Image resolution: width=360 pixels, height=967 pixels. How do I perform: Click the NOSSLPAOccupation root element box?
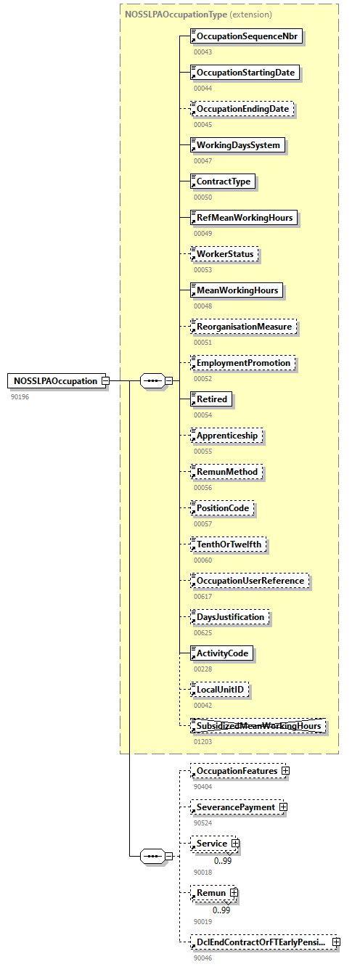coord(55,381)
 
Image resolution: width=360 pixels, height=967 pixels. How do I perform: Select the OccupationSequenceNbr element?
coord(246,36)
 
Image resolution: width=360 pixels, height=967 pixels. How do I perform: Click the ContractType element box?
coord(223,181)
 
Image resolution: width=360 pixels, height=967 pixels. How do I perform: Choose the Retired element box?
coord(211,399)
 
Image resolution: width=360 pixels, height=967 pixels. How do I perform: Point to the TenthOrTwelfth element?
coord(229,544)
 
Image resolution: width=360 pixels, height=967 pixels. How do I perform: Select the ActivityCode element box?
coord(222,653)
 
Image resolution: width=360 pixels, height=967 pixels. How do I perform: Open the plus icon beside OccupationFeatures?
coord(286,770)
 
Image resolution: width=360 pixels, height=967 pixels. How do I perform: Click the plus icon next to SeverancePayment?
coord(283,807)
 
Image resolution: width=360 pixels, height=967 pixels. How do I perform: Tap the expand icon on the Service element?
coord(235,844)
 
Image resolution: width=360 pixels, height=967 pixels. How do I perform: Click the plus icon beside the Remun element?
coord(234,892)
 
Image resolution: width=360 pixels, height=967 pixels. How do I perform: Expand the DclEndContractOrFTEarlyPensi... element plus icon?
coord(336,942)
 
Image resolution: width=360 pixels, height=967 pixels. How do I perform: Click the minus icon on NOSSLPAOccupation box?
coord(105,380)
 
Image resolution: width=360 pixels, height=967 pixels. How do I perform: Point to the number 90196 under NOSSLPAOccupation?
coord(20,397)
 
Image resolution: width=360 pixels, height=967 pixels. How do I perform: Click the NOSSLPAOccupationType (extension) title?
coord(198,15)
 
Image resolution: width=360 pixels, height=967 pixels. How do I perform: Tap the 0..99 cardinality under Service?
coord(222,861)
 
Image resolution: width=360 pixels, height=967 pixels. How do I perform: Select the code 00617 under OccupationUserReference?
coord(202,597)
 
